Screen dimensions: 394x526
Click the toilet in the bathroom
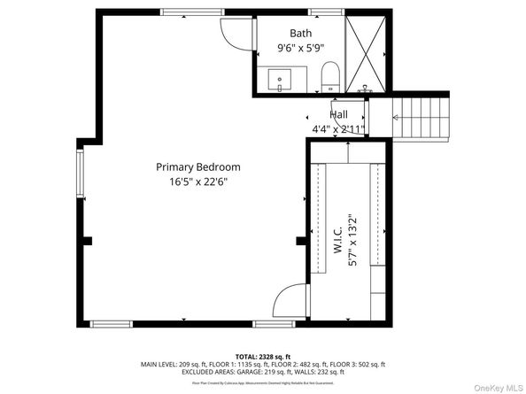pyautogui.click(x=329, y=76)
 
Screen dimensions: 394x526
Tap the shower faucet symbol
pyautogui.click(x=364, y=89)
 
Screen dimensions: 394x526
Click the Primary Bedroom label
pyautogui.click(x=197, y=166)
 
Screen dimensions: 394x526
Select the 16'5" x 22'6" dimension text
pyautogui.click(x=197, y=183)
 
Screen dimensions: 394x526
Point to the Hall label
pyautogui.click(x=338, y=115)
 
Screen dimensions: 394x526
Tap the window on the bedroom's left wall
pyautogui.click(x=80, y=173)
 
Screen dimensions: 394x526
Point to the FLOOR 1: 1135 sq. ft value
pyautogui.click(x=233, y=364)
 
